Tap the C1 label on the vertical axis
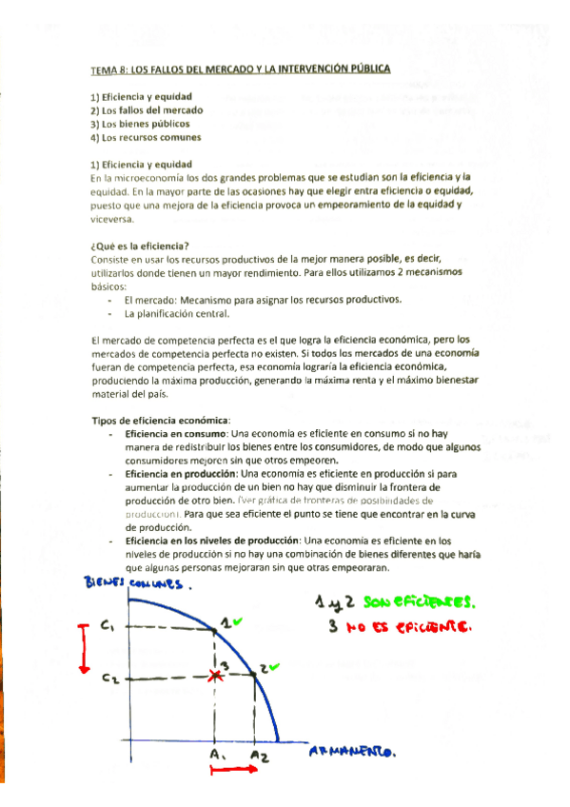[108, 626]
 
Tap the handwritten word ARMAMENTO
[352, 753]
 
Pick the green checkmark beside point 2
[274, 667]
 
